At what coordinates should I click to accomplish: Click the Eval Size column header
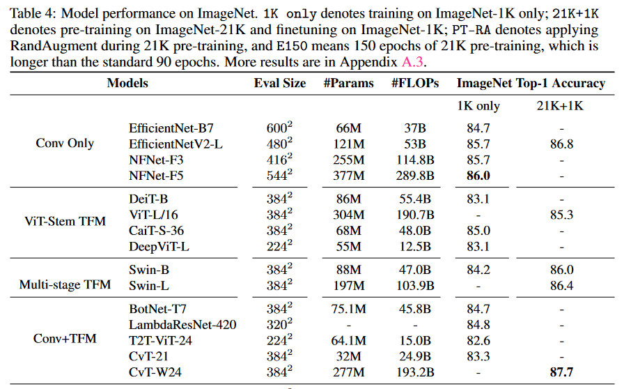[279, 84]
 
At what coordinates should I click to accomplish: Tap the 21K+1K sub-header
[561, 107]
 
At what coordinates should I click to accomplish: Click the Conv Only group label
[65, 144]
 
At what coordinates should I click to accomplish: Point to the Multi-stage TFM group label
[65, 285]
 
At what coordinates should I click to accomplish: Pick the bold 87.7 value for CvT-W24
[561, 373]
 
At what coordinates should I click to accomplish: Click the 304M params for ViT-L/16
[349, 215]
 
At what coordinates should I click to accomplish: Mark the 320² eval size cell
[279, 324]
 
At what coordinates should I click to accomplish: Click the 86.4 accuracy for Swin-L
[561, 286]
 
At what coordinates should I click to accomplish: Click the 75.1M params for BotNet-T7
[349, 309]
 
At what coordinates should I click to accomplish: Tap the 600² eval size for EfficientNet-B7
[279, 129]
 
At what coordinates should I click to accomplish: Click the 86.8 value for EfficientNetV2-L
[561, 144]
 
